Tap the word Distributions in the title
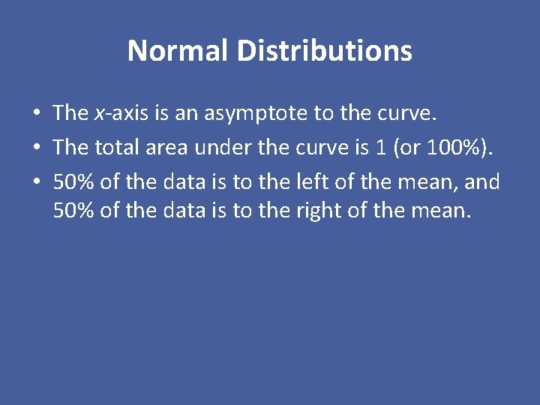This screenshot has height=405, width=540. pyautogui.click(x=324, y=51)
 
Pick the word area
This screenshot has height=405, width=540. pyautogui.click(x=166, y=148)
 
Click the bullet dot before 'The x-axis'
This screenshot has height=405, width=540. pyautogui.click(x=36, y=114)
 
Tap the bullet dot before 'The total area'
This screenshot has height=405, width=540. pyautogui.click(x=36, y=148)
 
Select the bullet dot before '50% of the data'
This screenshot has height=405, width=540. pyautogui.click(x=36, y=183)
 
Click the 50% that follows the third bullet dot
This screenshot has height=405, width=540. pyautogui.click(x=73, y=182)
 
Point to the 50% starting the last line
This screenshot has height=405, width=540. pyautogui.click(x=73, y=211)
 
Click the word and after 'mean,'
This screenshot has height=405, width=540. pyautogui.click(x=482, y=182)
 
